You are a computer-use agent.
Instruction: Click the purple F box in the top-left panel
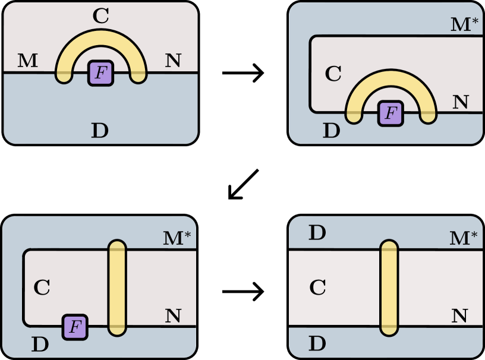[x=101, y=73]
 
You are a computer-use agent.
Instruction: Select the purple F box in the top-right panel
[x=390, y=113]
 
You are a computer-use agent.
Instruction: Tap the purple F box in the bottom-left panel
[x=75, y=327]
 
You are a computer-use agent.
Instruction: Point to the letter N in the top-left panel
[x=173, y=60]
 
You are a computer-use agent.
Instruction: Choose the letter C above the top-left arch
[x=101, y=17]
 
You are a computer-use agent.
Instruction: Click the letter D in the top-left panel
[x=100, y=130]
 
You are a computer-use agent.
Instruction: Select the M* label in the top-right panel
[x=464, y=24]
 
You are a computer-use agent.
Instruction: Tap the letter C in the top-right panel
[x=333, y=74]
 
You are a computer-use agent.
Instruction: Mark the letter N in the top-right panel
[x=461, y=102]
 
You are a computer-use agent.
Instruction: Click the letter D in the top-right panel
[x=332, y=130]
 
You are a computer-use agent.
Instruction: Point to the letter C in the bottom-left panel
[x=42, y=288]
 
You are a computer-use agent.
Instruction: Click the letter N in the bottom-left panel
[x=173, y=316]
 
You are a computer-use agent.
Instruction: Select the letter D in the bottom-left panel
[x=40, y=344]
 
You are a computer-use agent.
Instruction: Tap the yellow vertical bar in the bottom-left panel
[x=118, y=288]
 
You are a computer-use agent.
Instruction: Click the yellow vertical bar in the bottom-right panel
[x=389, y=288]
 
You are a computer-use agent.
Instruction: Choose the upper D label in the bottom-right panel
[x=317, y=233]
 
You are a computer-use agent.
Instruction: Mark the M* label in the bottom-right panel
[x=464, y=238]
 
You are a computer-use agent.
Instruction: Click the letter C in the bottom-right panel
[x=318, y=288]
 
